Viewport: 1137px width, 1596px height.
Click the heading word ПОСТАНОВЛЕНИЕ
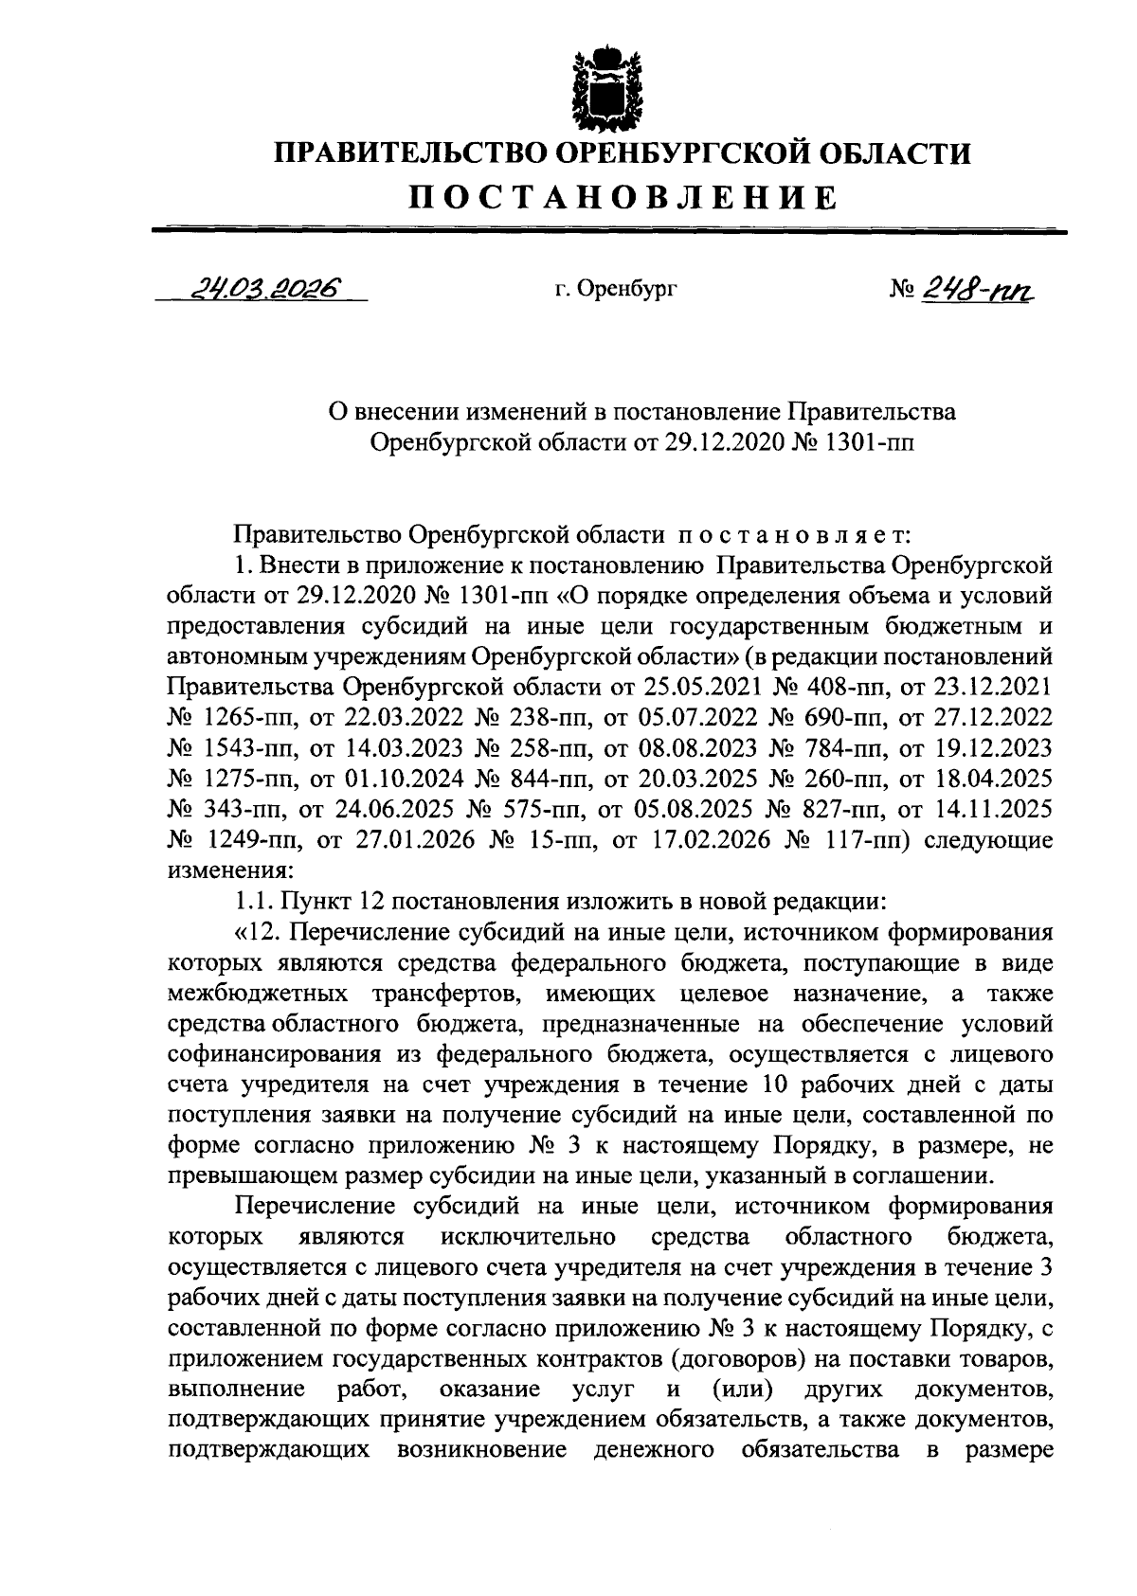(x=623, y=198)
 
